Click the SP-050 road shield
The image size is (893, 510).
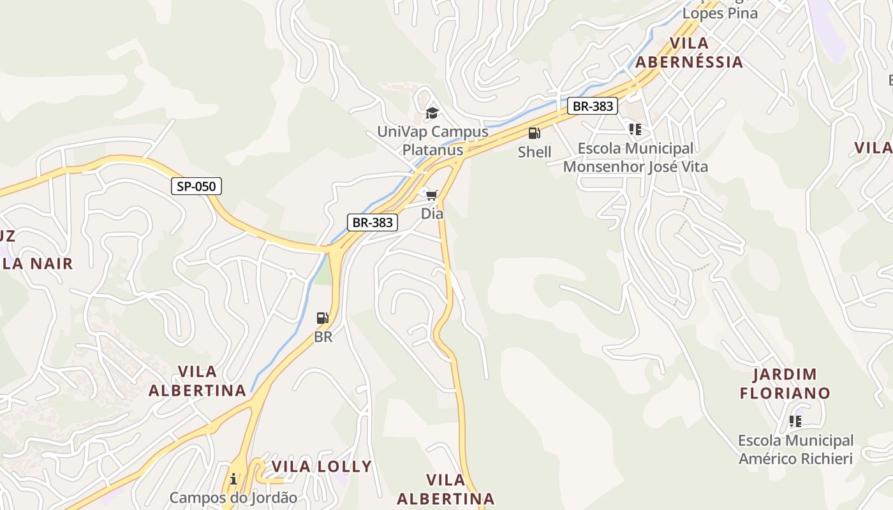(x=196, y=186)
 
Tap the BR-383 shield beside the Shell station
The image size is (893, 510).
(x=593, y=106)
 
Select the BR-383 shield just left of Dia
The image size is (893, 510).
(x=373, y=222)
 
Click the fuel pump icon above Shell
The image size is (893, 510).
(x=534, y=133)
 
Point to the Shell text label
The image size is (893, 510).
(x=535, y=152)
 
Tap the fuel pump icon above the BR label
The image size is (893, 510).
(x=323, y=318)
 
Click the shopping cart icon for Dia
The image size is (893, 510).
(x=432, y=194)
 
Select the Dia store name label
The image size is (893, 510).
(x=432, y=214)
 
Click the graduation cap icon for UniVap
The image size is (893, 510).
(x=432, y=113)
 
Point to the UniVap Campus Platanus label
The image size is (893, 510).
(x=432, y=141)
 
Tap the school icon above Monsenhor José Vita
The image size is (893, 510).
(x=635, y=129)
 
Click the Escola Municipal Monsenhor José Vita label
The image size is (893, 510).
(x=635, y=157)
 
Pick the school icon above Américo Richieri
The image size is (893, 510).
(x=795, y=421)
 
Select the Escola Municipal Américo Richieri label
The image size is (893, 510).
(x=795, y=449)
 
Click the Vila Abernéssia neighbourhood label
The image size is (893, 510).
(x=690, y=52)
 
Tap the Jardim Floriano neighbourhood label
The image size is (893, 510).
(x=785, y=383)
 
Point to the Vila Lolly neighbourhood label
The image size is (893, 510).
(x=321, y=466)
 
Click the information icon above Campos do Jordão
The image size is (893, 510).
(x=233, y=479)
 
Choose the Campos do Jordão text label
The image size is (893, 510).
(x=233, y=498)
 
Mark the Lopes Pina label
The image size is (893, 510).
(x=720, y=13)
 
